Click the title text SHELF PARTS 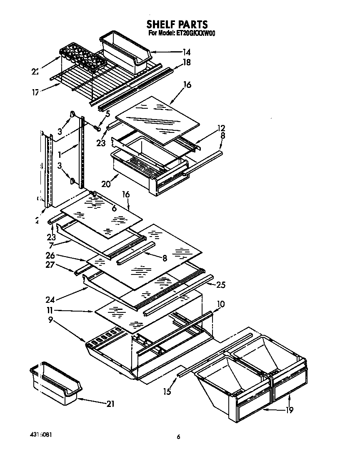177,24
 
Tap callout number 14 186,52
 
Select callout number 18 187,62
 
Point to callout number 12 221,128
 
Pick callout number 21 110,404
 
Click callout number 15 167,391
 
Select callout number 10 220,304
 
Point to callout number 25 221,284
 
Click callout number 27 50,265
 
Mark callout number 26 50,256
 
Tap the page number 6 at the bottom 178,437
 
